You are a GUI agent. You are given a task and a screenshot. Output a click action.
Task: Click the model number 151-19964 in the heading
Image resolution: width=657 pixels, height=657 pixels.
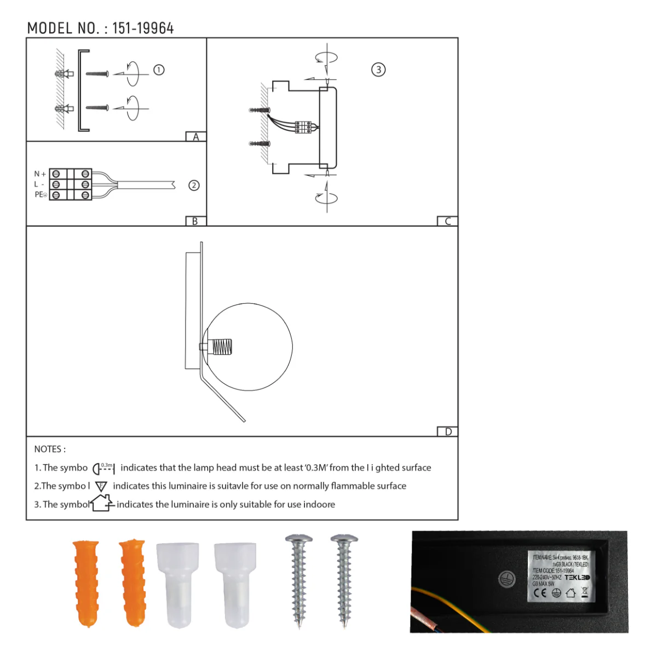click(143, 28)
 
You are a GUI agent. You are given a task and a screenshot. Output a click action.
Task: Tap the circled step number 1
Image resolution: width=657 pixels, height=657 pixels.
click(159, 70)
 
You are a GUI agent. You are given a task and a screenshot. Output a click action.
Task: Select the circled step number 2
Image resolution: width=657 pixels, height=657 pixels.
click(194, 186)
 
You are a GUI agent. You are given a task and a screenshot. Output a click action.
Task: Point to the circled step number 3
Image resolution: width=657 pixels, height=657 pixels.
click(378, 70)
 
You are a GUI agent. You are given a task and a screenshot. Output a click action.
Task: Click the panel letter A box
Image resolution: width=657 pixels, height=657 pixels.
click(195, 137)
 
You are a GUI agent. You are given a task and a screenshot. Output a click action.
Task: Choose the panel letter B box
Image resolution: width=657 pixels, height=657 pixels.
click(195, 221)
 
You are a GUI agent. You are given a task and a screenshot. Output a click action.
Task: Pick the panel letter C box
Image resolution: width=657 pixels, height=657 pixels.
click(447, 221)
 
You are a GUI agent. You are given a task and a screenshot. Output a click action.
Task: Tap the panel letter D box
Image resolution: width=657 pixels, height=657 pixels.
click(448, 431)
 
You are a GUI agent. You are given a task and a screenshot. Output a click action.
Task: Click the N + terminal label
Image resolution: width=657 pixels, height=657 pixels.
click(40, 174)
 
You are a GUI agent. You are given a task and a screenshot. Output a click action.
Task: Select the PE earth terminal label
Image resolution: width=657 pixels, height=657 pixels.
click(41, 195)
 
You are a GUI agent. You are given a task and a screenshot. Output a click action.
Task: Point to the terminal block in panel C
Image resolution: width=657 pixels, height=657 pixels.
click(303, 127)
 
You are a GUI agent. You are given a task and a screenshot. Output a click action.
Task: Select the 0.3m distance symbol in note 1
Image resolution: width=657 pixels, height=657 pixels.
click(103, 468)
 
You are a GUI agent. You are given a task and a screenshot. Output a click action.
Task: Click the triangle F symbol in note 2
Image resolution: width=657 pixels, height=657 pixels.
click(101, 486)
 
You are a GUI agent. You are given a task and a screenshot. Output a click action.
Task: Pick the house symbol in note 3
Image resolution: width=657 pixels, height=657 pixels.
click(102, 503)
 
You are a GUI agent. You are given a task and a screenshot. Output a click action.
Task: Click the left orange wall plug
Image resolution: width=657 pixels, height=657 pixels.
click(86, 583)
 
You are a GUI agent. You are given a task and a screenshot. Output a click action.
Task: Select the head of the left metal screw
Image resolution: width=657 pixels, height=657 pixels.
click(299, 540)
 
